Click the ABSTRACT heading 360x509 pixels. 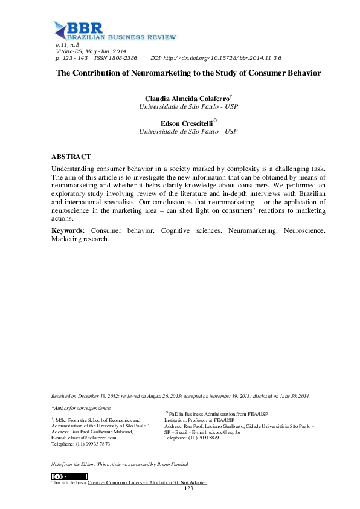coord(71,156)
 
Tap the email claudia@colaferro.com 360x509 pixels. coord(93,438)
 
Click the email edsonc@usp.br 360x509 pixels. coord(224,432)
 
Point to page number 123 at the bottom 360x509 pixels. coord(188,488)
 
